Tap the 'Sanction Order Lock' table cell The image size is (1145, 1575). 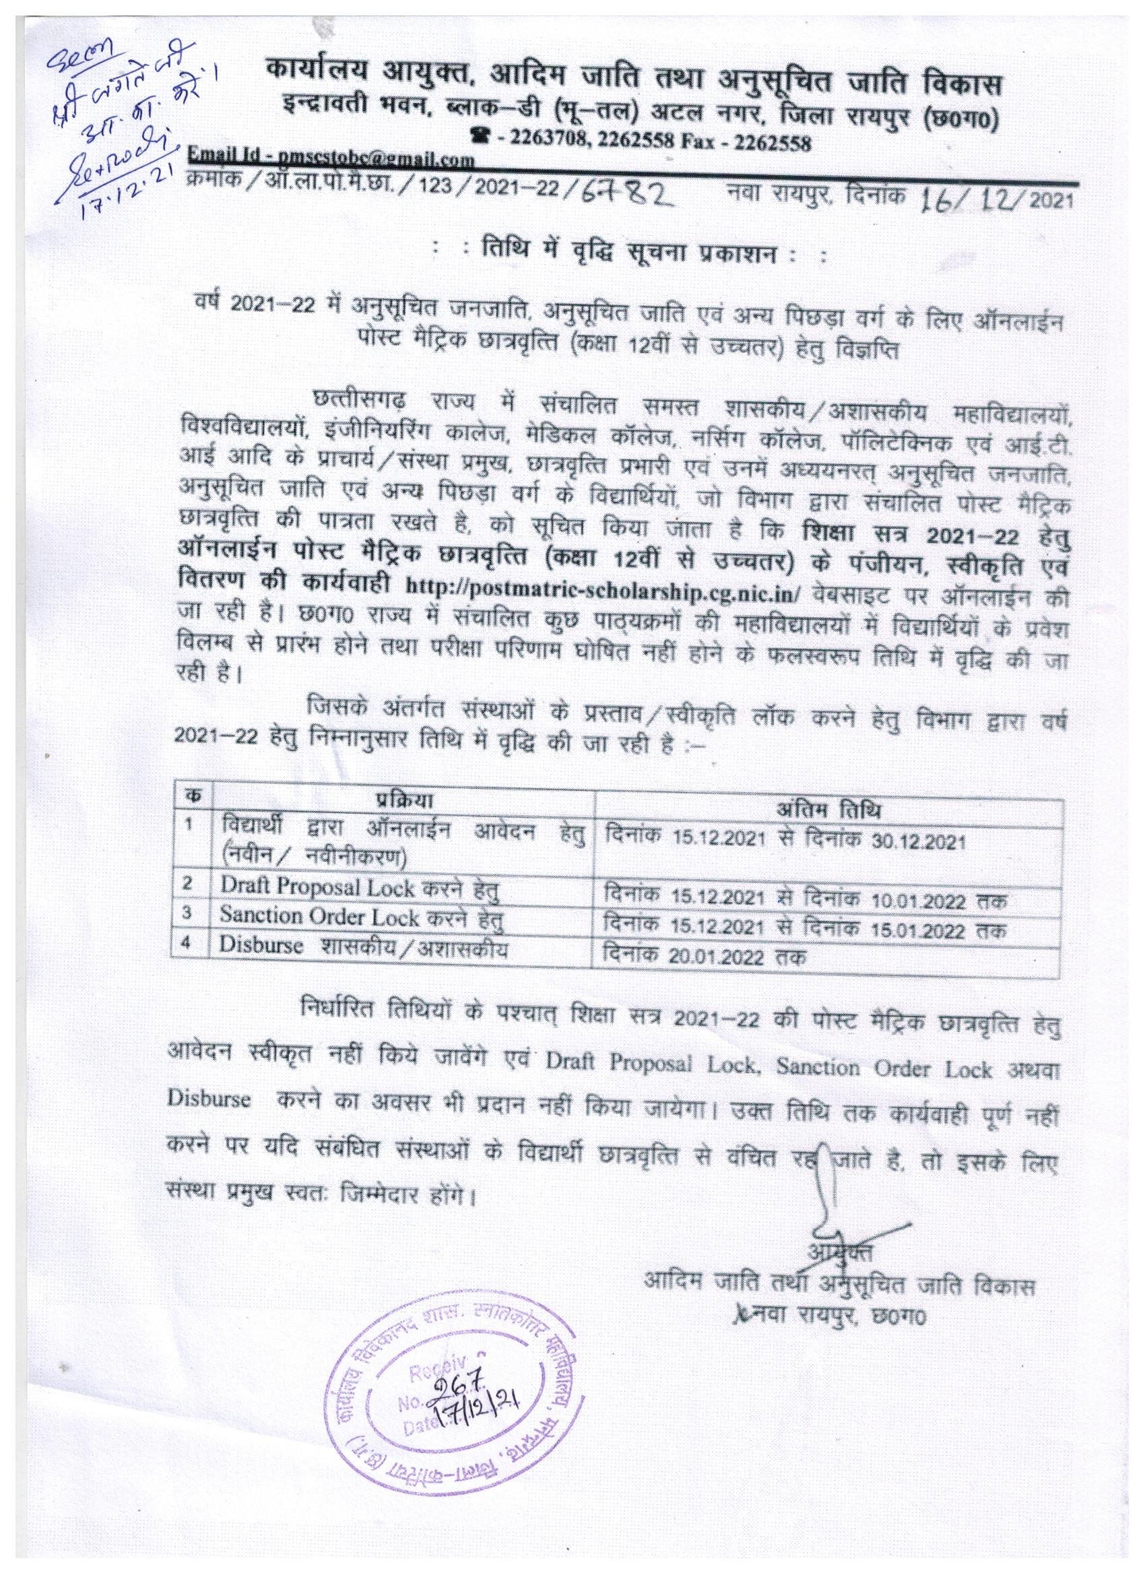pyautogui.click(x=360, y=918)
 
